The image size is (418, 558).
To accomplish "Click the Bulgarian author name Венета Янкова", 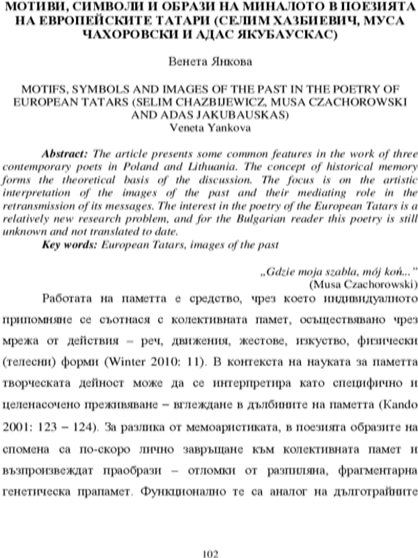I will coord(210,61).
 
